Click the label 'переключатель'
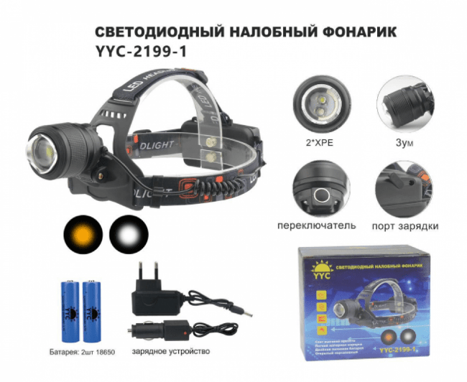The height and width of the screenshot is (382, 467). point(316,225)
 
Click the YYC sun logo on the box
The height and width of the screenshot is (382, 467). point(317,265)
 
